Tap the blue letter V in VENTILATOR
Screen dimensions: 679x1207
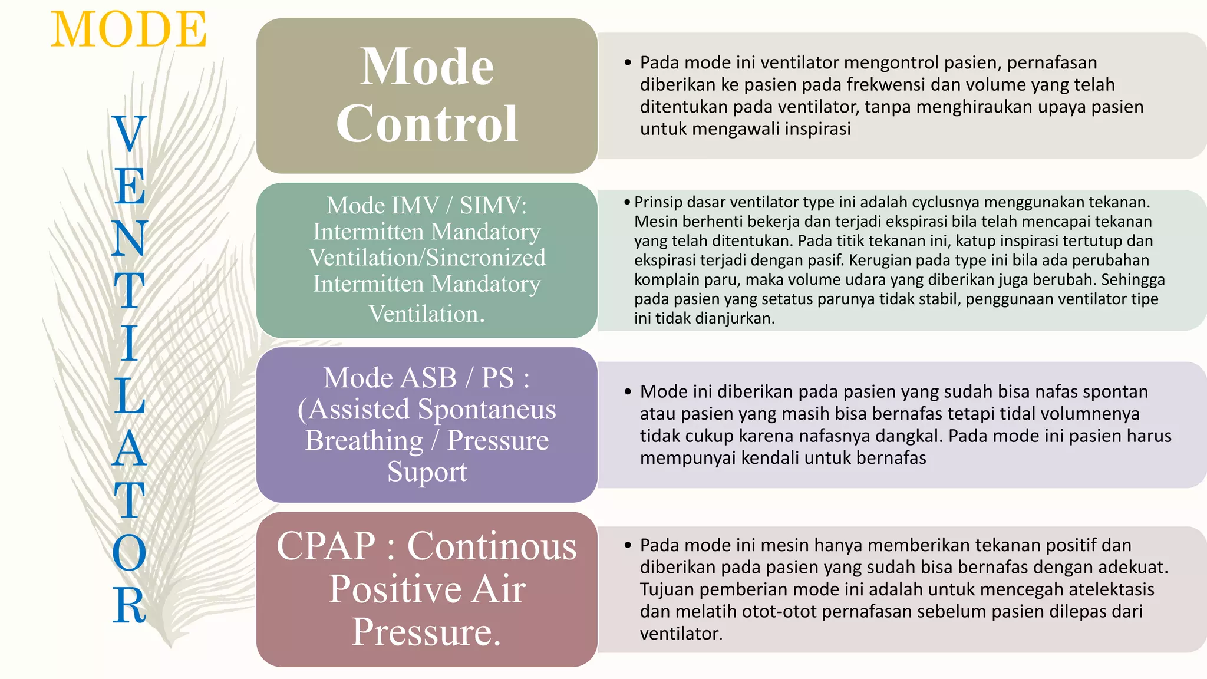coord(129,133)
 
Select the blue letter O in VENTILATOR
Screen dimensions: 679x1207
coord(129,553)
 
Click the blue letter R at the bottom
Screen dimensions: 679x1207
coord(129,605)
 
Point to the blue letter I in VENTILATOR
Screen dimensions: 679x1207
coord(130,343)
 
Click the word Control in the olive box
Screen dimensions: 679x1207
coord(427,124)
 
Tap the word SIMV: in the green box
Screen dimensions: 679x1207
coord(493,206)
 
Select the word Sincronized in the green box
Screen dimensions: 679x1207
coord(486,258)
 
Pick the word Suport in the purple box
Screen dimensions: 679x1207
coord(427,472)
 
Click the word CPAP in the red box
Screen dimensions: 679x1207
coord(326,546)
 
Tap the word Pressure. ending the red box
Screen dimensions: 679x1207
coord(427,632)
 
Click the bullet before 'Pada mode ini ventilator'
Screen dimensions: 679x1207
coord(628,62)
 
